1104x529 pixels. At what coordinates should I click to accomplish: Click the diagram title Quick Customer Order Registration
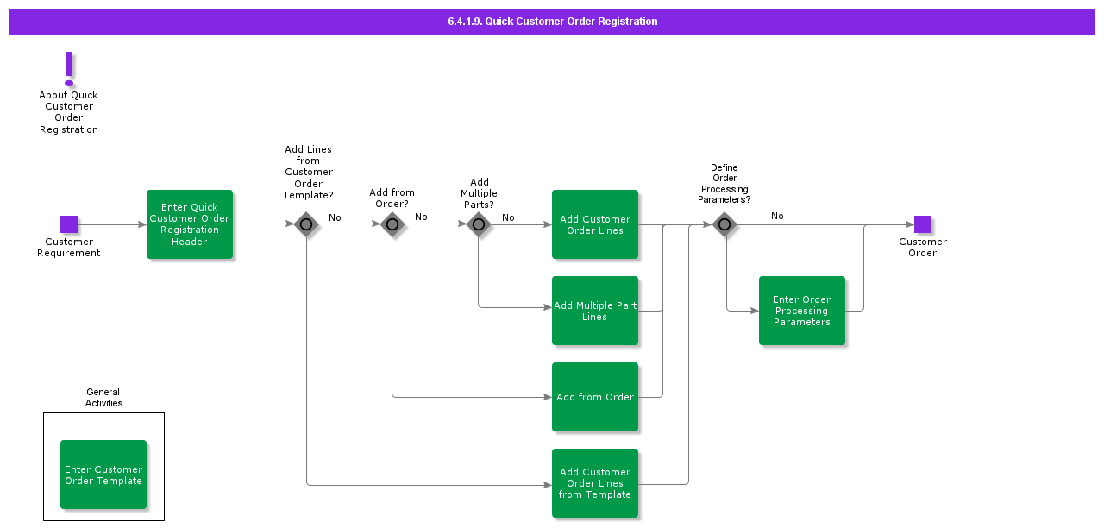[x=552, y=22]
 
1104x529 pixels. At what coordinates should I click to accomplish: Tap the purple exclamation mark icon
[x=69, y=68]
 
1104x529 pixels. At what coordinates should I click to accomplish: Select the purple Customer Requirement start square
[x=69, y=224]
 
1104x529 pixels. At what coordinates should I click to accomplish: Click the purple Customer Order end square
[x=923, y=224]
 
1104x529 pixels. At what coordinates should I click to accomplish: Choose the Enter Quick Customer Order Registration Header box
[x=190, y=224]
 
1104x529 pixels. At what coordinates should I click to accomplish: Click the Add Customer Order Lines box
[x=595, y=224]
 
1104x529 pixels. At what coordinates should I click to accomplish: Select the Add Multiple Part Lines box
[x=595, y=311]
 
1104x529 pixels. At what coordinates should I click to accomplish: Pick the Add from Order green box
[x=595, y=397]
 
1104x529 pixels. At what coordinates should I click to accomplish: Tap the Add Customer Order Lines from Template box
[x=595, y=483]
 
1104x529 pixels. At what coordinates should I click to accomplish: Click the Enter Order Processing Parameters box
[x=802, y=311]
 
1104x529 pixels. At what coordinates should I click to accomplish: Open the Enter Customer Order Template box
[x=103, y=475]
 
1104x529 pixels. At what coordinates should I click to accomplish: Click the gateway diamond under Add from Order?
[x=392, y=224]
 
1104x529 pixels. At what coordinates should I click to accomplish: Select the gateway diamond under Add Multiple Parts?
[x=479, y=224]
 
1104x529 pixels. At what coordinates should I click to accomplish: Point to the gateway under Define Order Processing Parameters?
[x=724, y=224]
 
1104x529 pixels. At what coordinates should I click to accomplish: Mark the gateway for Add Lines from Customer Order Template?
[x=306, y=224]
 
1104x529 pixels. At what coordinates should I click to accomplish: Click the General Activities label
[x=103, y=398]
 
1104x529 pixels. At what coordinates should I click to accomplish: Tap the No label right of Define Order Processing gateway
[x=777, y=216]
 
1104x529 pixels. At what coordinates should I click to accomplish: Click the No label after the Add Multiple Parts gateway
[x=508, y=217]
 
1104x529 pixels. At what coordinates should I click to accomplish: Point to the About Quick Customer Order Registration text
[x=69, y=112]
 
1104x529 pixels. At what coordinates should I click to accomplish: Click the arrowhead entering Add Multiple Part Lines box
[x=547, y=307]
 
